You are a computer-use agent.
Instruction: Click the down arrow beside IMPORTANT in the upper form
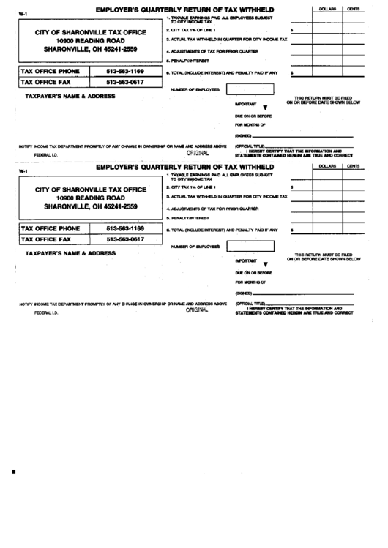point(266,107)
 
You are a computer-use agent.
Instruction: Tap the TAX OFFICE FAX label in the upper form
point(46,83)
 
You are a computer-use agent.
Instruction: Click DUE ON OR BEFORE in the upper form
point(253,116)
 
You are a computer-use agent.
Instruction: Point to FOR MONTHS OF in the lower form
point(250,282)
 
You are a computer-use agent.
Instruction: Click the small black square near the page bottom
point(13,472)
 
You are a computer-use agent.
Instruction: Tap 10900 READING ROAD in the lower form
point(91,198)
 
